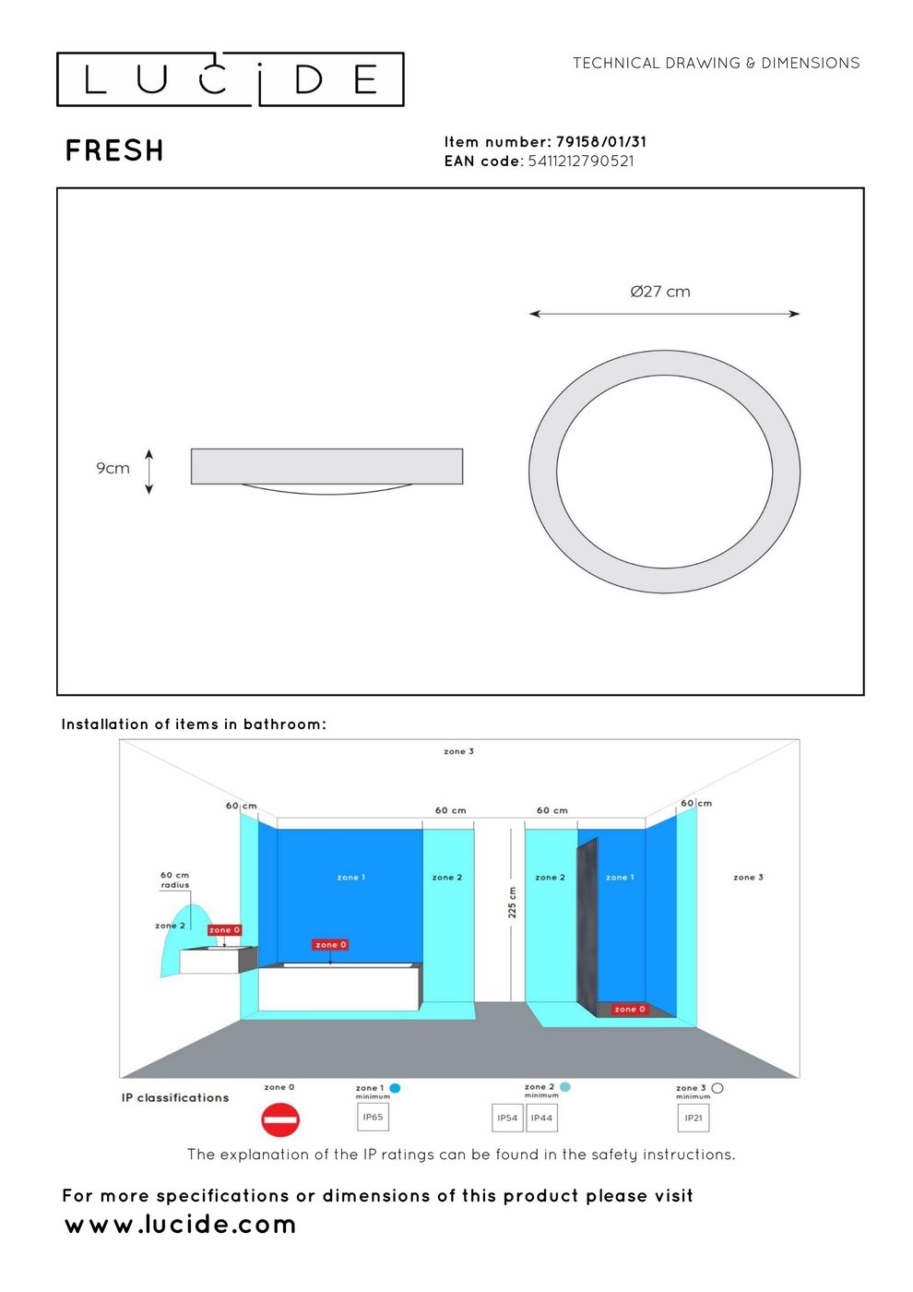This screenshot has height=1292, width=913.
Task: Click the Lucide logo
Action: pyautogui.click(x=230, y=79)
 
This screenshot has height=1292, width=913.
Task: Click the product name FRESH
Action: pyautogui.click(x=114, y=150)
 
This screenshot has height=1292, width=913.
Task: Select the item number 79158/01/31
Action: pyautogui.click(x=601, y=142)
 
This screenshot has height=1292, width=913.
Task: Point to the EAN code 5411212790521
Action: pyautogui.click(x=581, y=161)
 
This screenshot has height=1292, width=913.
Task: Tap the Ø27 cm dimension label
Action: pyautogui.click(x=660, y=292)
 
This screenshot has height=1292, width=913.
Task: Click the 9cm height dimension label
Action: pyautogui.click(x=113, y=468)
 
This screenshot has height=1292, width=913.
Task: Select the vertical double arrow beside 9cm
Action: pyautogui.click(x=148, y=472)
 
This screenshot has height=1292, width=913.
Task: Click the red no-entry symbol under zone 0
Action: pyautogui.click(x=280, y=1119)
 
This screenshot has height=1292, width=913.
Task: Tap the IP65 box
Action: pyautogui.click(x=373, y=1117)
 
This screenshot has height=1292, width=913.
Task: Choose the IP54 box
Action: pyautogui.click(x=507, y=1118)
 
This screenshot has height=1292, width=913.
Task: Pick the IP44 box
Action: pyautogui.click(x=542, y=1118)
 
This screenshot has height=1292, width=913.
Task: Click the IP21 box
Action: pyautogui.click(x=694, y=1118)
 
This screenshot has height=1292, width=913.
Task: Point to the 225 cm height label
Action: pyautogui.click(x=513, y=903)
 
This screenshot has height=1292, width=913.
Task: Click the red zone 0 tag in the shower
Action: pyautogui.click(x=629, y=1009)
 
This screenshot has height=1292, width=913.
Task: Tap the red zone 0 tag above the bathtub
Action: pyautogui.click(x=330, y=944)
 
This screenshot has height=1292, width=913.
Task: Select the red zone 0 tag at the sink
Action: pyautogui.click(x=224, y=930)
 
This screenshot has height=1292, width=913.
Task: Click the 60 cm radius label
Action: pyautogui.click(x=174, y=879)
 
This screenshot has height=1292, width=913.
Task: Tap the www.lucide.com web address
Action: pyautogui.click(x=181, y=1225)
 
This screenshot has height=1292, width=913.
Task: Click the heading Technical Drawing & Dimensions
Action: pyautogui.click(x=716, y=63)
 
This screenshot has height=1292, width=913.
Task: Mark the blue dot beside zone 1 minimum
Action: pyautogui.click(x=395, y=1088)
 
